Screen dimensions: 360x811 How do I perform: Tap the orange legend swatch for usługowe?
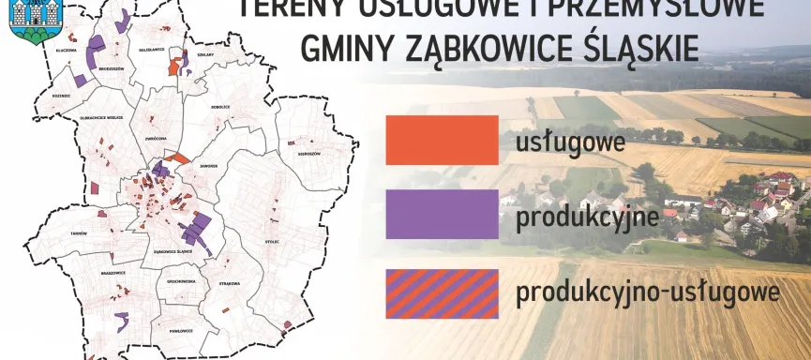pos(441,140)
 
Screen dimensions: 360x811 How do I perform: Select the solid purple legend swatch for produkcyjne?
pos(441,214)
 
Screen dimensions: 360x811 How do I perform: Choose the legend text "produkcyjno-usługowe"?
pos(648,292)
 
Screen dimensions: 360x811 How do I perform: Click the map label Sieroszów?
pos(308,153)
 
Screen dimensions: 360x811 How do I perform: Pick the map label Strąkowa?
pos(230,282)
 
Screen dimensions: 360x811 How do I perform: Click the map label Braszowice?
pos(113,273)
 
